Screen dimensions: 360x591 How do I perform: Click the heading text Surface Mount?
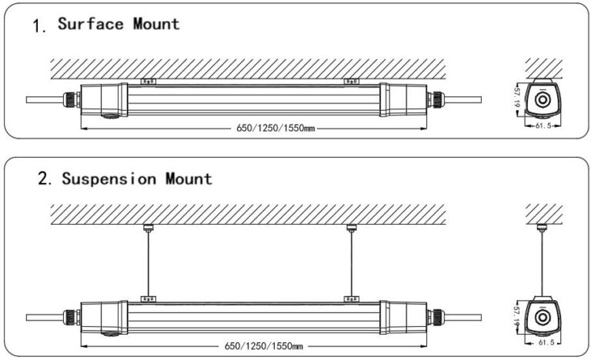coord(119,24)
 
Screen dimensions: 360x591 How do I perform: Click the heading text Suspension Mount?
coord(136,179)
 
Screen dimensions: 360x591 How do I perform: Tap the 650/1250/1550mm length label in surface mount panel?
coord(277,127)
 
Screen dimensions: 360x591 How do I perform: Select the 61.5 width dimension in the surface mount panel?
coord(543,125)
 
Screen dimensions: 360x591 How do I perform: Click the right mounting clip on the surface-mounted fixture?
coord(351,80)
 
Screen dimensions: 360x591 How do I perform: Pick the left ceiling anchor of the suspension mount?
coord(146,227)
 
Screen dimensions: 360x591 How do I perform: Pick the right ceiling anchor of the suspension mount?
coord(351,227)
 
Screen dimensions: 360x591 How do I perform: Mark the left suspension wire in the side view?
coord(146,262)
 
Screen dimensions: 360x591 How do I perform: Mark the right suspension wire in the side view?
coord(351,262)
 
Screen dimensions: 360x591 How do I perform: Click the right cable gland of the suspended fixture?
coord(437,316)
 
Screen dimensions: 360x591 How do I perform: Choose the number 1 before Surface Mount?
coord(39,25)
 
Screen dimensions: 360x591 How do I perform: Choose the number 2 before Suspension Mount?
coord(44,180)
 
